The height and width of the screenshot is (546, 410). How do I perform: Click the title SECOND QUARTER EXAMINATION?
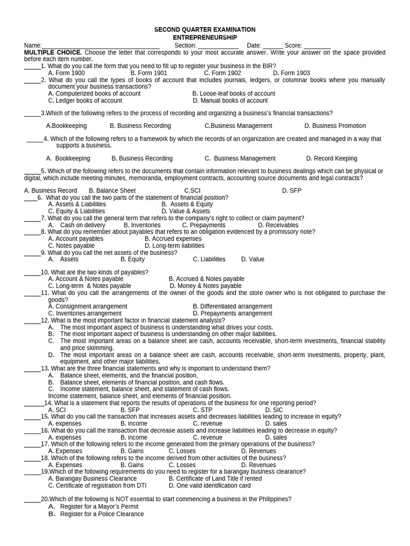[x=204, y=30]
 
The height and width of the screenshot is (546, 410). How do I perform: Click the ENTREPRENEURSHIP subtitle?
[x=204, y=38]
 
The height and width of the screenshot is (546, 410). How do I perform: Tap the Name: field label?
[x=33, y=46]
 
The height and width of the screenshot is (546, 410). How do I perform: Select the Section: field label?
[x=186, y=46]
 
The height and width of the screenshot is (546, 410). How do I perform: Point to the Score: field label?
[x=293, y=46]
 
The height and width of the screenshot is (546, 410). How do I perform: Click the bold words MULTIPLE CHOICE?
[x=53, y=53]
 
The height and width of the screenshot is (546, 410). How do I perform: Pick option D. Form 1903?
[x=291, y=73]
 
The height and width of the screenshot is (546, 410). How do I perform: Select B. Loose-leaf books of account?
[x=233, y=93]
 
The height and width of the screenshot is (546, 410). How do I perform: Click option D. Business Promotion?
[x=335, y=126]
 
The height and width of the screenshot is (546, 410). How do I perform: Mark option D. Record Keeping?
[x=332, y=158]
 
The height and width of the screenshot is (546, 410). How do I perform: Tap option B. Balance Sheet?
[x=112, y=190]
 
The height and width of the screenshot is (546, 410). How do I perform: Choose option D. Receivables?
[x=278, y=225]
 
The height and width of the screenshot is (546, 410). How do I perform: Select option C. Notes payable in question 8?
[x=71, y=246]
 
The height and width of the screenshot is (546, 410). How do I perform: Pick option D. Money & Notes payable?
[x=206, y=286]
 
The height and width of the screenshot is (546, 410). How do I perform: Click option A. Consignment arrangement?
[x=88, y=307]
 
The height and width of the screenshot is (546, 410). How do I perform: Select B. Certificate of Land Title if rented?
[x=215, y=479]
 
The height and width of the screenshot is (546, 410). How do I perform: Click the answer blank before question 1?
[x=32, y=66]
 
